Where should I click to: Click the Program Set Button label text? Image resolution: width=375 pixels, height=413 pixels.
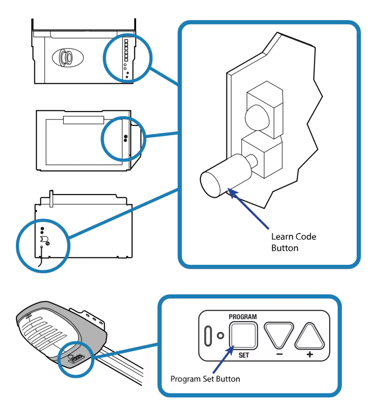point(205,379)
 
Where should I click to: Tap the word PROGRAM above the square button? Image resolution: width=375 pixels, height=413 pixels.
point(242,317)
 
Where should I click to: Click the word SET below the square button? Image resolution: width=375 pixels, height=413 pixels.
point(243,355)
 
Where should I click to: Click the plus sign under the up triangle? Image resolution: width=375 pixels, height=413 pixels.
point(310,354)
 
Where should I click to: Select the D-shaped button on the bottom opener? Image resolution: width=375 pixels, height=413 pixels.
point(43,239)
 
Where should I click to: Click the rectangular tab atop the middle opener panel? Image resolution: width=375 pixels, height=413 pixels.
point(83,120)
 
